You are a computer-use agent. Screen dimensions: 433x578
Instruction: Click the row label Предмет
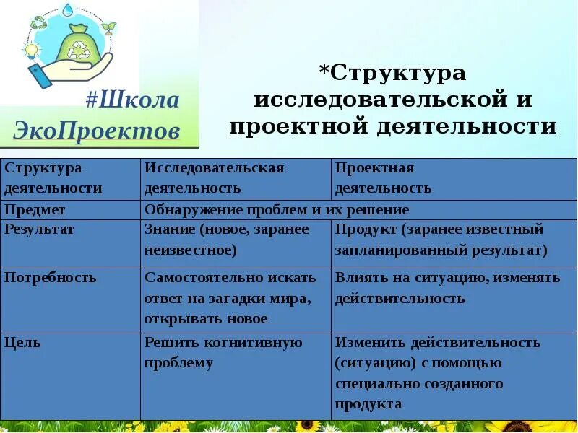pos(35,210)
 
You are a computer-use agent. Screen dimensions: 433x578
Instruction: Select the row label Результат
pos(40,229)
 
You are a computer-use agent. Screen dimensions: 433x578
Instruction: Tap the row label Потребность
pos(50,278)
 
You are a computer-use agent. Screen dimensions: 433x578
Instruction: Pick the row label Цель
pos(22,343)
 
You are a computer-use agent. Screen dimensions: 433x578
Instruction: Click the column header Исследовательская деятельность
pos(214,178)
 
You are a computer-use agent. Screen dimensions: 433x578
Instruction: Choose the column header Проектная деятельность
pos(383,178)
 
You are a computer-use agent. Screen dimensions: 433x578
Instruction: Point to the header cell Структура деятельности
pos(53,178)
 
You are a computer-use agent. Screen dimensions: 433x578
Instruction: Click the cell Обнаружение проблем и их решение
pos(277,210)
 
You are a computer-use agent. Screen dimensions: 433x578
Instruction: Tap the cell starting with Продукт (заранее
pos(441,240)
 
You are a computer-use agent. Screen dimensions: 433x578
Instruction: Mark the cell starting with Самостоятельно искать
pos(230,298)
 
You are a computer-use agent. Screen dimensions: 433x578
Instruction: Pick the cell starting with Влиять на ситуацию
pos(447,288)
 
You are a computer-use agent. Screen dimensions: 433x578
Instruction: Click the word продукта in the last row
pos(368,404)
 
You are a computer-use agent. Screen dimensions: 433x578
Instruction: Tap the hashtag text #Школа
pos(131,100)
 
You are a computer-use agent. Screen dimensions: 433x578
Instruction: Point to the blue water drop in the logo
pos(67,10)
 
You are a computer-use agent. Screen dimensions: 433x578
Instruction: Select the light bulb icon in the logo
pos(31,51)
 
